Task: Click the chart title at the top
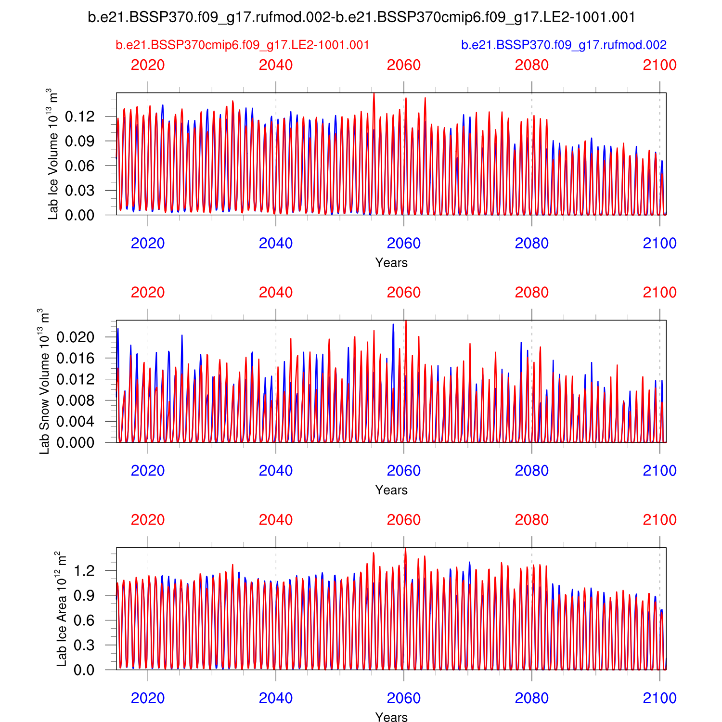pos(361,17)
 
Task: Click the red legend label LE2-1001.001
pos(243,45)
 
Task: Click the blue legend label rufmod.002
pos(564,45)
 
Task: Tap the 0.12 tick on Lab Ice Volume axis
pos(79,116)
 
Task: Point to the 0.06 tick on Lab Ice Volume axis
pos(79,166)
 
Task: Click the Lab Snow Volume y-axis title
pos(44,381)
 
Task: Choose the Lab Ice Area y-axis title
pos(62,609)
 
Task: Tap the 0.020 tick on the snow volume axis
pos(75,337)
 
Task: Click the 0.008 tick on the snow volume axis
pos(75,400)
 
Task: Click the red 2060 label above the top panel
pos(404,65)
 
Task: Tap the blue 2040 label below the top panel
pos(276,243)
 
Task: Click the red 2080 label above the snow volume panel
pos(532,292)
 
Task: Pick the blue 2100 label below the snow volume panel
pos(659,470)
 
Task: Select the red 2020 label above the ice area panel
pos(148,520)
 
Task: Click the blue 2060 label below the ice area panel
pos(404,698)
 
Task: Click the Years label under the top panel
pos(391,263)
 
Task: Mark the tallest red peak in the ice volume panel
pos(374,94)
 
